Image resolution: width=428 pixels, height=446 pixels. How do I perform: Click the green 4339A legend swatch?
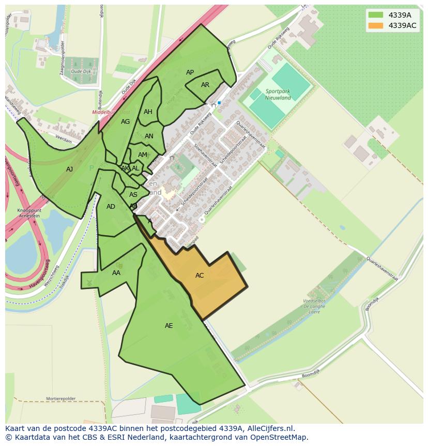coord(376,15)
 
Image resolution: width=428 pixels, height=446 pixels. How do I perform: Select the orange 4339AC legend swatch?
coord(376,25)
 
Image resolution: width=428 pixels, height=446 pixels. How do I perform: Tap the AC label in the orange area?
coord(200,276)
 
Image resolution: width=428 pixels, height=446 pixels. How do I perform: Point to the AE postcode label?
coord(169,326)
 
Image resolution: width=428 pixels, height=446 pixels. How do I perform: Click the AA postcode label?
coord(116,273)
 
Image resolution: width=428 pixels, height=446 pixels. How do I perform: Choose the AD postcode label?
coord(111,207)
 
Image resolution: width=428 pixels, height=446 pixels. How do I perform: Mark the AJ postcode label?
coord(70,169)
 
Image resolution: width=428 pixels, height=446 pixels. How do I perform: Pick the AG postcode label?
coord(125,122)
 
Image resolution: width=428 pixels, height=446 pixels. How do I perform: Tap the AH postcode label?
coord(148,112)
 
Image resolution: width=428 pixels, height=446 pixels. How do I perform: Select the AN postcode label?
coord(149,137)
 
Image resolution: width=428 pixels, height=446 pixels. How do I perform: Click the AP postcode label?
coord(190,73)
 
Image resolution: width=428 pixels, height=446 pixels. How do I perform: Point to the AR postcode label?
coord(205,85)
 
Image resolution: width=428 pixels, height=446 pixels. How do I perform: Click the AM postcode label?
coord(142,155)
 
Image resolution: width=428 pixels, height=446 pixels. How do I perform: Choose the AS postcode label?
coord(133,195)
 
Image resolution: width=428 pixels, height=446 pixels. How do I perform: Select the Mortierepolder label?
coord(61,399)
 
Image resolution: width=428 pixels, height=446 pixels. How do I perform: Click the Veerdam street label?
coord(63,139)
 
